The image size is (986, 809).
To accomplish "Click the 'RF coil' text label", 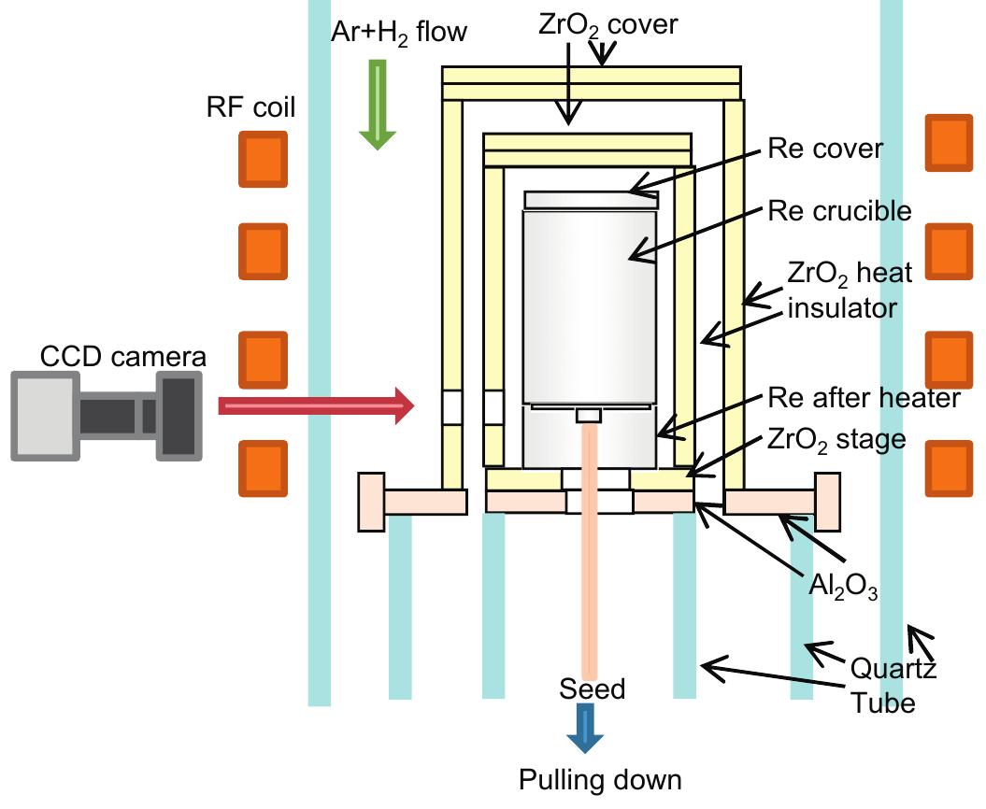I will pos(250,107).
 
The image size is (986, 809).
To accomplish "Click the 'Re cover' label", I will pos(824,149).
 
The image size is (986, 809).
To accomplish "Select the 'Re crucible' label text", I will pos(838,210).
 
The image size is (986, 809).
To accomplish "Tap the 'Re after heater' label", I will pos(864,398).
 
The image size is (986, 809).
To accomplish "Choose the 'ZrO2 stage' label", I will pos(835,438).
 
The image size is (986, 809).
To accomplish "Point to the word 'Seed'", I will pos(592,689).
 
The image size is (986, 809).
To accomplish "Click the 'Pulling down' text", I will pos(600,779).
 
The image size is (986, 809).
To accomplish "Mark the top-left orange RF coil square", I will pos(261,159).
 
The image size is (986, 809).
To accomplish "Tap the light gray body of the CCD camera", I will pos(44,415).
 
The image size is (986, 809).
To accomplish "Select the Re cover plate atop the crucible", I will pos(591,200).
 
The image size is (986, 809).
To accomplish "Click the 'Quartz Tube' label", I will pos(893,685).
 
